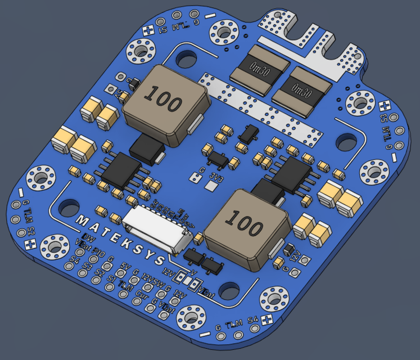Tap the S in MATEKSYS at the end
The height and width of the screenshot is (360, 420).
pos(160,260)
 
